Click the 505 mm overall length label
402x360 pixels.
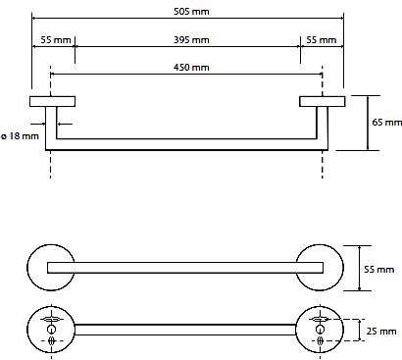tap(191, 12)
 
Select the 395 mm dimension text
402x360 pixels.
tap(191, 40)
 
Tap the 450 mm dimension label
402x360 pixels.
tap(191, 68)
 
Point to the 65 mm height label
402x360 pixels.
tap(387, 123)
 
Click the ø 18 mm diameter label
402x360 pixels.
tap(21, 136)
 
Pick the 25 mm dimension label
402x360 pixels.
tap(381, 332)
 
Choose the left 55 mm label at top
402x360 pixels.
tap(56, 40)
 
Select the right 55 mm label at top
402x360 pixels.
tap(322, 40)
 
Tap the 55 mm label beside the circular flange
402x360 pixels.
tap(379, 270)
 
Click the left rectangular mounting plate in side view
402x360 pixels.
tap(52, 101)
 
